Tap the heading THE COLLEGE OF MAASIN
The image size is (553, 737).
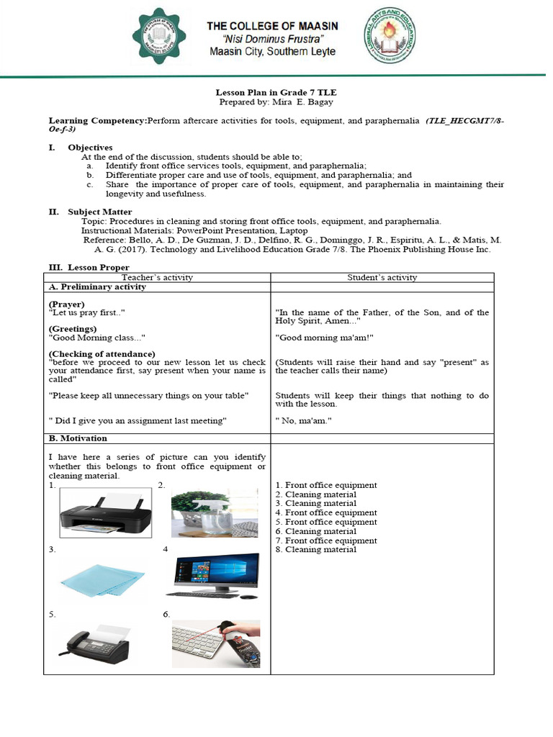(272, 26)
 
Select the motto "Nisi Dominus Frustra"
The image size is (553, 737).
(272, 39)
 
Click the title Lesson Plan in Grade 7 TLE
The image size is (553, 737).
(276, 93)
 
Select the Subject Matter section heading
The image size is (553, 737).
(100, 212)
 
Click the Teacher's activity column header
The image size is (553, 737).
(157, 277)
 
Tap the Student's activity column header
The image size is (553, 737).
(382, 277)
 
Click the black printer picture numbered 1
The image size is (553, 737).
(105, 512)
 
